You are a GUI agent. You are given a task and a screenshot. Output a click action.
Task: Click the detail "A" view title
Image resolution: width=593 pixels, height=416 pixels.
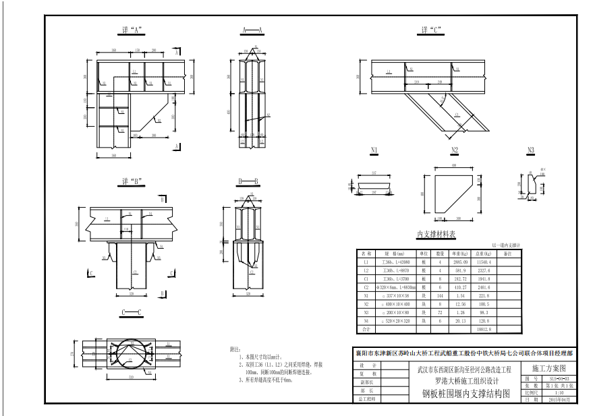[129, 30]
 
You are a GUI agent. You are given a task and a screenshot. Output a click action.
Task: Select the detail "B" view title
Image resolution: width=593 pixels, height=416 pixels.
[130, 181]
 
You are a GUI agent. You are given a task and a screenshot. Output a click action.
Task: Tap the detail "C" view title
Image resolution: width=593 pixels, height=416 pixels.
[431, 30]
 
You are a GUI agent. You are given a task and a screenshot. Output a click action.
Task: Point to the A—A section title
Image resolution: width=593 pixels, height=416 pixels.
[252, 30]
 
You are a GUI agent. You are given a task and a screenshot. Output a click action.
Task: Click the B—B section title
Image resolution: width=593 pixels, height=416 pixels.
[248, 181]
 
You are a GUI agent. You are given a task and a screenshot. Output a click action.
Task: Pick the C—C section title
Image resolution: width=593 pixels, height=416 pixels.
[131, 312]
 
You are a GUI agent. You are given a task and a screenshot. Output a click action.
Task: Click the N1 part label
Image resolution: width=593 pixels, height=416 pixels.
[374, 150]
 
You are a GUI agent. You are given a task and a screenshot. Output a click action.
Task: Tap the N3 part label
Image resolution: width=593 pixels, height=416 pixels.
[531, 150]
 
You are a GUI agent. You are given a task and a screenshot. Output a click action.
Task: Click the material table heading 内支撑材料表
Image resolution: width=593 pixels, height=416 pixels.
[436, 235]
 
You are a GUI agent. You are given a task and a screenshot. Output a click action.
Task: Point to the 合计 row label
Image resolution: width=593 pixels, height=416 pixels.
[366, 330]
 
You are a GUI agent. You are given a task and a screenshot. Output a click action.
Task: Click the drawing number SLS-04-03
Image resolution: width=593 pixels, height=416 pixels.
[559, 380]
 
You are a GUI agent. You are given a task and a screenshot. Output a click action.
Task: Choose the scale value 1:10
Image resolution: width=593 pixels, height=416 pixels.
[559, 393]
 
